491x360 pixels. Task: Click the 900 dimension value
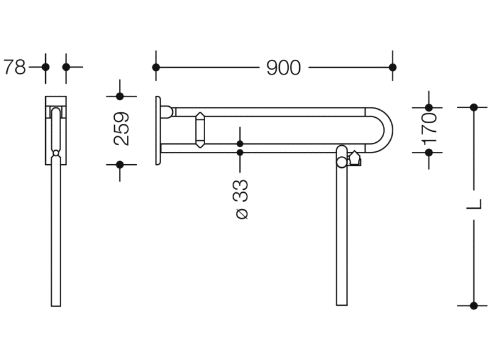pyautogui.click(x=283, y=68)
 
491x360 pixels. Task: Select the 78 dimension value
pyautogui.click(x=15, y=67)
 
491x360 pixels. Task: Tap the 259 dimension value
pyautogui.click(x=122, y=129)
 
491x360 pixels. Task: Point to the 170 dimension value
pyautogui.click(x=429, y=129)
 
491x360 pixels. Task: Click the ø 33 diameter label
pyautogui.click(x=241, y=200)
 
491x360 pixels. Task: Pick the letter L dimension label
pyautogui.click(x=473, y=204)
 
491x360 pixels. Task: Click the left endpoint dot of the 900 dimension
pyautogui.click(x=156, y=67)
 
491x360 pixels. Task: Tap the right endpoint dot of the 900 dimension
pyautogui.click(x=393, y=67)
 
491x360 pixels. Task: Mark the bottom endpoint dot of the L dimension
pyautogui.click(x=474, y=306)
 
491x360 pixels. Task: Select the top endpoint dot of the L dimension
pyautogui.click(x=474, y=107)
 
